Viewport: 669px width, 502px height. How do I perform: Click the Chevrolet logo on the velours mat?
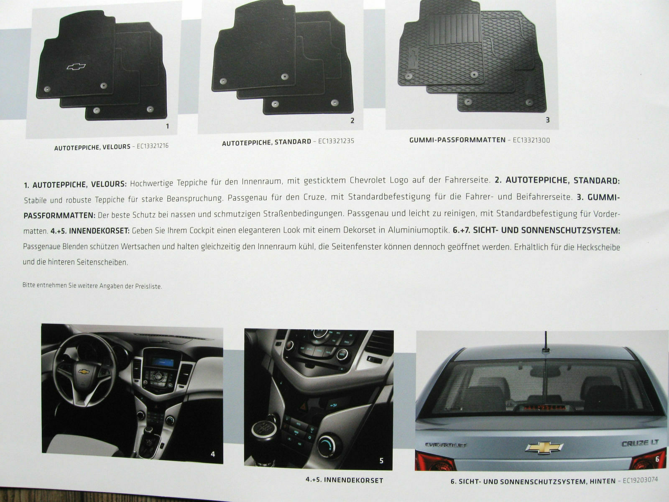point(77,67)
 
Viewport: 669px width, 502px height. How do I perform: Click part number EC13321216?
point(153,146)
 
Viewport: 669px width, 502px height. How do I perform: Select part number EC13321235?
point(336,141)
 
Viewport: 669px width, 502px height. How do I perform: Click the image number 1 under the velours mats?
point(168,126)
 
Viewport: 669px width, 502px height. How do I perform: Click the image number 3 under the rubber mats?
point(548,120)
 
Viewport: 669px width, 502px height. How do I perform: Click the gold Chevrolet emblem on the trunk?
point(543,448)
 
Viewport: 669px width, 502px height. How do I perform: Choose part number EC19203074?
point(640,480)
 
